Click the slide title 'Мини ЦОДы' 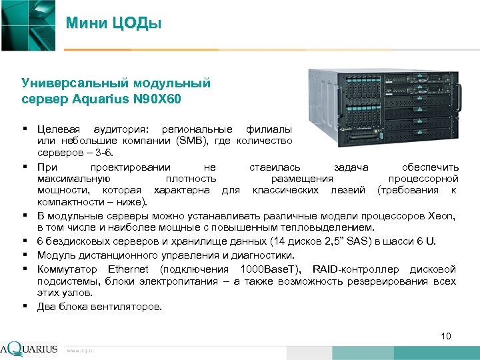tap(114, 24)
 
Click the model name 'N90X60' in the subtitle tap(158, 99)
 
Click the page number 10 tap(446, 335)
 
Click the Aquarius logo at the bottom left tap(29, 349)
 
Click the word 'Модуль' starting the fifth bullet tap(55, 255)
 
